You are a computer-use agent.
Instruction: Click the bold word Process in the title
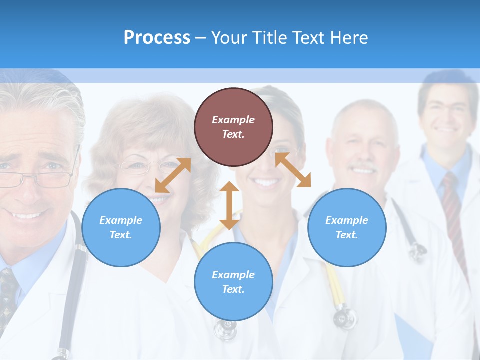157,38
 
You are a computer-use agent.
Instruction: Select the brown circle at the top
233,127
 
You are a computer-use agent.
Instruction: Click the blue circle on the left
121,227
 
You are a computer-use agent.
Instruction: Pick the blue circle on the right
347,227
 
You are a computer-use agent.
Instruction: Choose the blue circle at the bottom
233,282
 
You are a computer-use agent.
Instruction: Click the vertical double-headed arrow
229,205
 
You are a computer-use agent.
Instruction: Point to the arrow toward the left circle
173,175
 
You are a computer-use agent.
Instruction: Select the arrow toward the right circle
293,170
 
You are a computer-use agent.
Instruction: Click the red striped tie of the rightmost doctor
452,210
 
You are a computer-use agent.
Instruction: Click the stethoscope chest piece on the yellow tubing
345,317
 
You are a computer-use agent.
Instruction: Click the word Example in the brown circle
233,120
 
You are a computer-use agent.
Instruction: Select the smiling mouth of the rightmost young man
446,130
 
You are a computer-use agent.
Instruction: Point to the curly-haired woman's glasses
145,166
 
